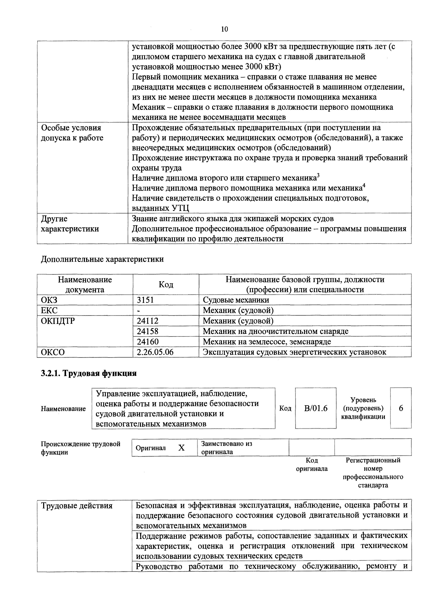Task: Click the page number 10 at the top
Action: [224, 29]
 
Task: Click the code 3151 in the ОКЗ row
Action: [145, 300]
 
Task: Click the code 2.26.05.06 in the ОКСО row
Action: [155, 352]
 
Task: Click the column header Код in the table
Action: [166, 285]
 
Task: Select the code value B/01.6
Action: [316, 408]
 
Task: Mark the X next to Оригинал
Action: [181, 448]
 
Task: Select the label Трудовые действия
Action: [77, 506]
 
